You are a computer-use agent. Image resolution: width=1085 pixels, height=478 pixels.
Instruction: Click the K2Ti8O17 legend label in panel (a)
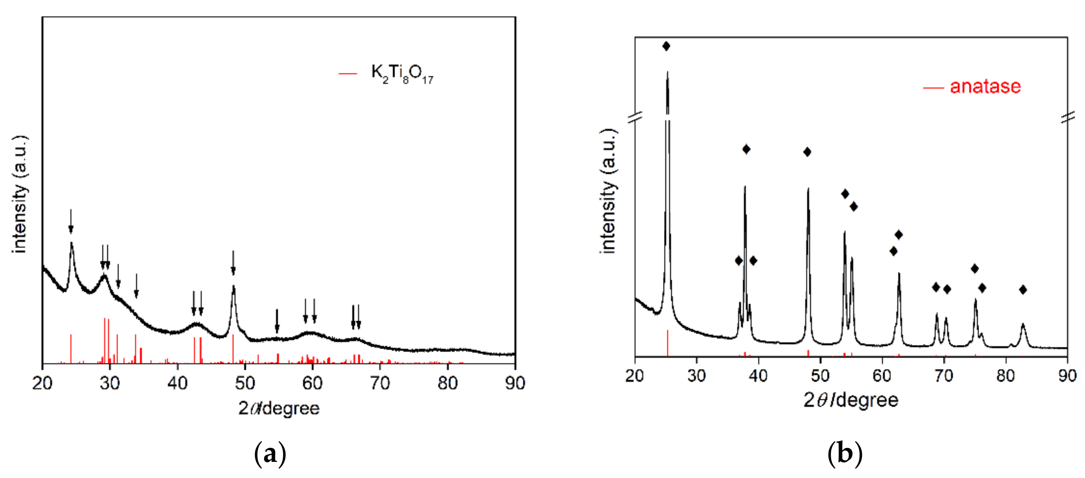402,74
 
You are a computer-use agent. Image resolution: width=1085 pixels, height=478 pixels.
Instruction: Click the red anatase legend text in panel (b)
985,86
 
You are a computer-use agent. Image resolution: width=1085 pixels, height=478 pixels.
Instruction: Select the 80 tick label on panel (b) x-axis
1005,375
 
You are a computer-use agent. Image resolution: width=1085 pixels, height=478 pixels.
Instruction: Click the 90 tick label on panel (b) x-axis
1067,375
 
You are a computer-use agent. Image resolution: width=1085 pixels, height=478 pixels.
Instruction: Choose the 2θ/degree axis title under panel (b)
851,399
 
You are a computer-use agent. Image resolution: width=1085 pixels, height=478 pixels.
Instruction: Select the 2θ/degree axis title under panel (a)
278,408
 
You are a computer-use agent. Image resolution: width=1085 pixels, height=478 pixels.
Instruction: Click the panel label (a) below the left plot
270,454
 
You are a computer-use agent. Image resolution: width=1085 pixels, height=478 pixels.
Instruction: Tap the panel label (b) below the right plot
845,454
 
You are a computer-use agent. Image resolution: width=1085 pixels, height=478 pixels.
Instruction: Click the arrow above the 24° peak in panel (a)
71,221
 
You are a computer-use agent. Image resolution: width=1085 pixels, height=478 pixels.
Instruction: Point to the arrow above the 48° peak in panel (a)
233,263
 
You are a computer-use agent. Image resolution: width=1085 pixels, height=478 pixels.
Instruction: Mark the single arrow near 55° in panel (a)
277,321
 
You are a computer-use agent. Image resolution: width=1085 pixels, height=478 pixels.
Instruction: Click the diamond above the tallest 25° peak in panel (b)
666,46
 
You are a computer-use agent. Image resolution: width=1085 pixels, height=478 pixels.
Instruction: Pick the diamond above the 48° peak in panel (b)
807,152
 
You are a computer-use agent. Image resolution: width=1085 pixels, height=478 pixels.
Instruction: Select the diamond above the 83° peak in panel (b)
1023,290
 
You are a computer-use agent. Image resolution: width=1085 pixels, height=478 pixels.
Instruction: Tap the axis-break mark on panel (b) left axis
635,117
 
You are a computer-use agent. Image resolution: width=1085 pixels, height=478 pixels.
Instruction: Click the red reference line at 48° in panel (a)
233,348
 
